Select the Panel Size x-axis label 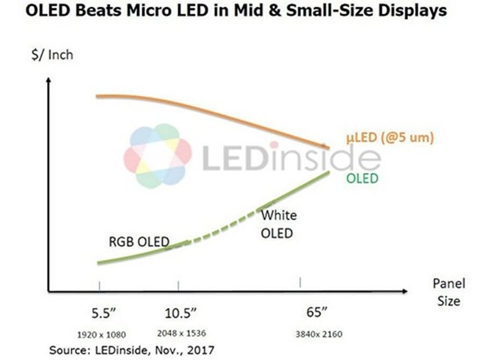coord(449,291)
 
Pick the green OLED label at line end coord(362,178)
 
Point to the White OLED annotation coord(278,224)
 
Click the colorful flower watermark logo coord(157,156)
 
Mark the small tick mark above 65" coord(300,282)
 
